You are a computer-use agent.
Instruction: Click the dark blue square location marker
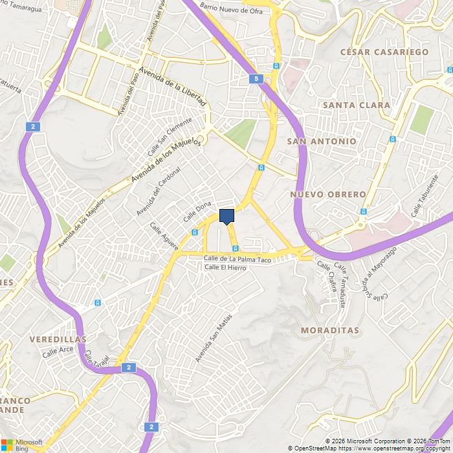226,216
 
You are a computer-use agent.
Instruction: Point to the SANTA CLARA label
357,105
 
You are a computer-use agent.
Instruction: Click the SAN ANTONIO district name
322,141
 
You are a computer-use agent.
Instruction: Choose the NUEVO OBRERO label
328,194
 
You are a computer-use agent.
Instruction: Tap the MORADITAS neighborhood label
329,330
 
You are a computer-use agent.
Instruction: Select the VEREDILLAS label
58,339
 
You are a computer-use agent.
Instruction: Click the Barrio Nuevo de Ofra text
232,9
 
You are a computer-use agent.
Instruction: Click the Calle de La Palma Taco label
237,259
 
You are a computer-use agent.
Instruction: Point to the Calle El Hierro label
225,267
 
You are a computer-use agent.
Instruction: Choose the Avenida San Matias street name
213,342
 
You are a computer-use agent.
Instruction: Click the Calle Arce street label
58,351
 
